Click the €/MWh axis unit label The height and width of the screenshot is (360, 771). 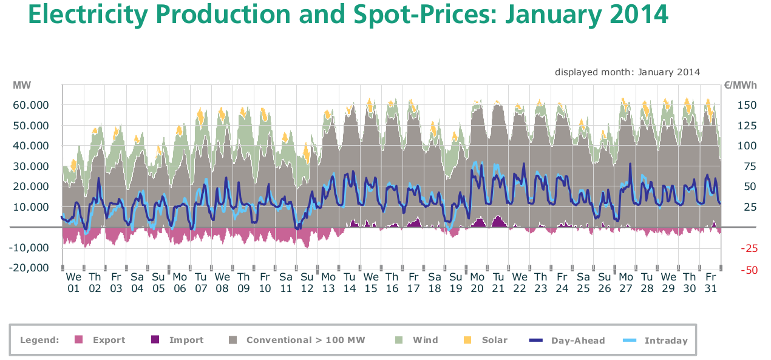pyautogui.click(x=740, y=86)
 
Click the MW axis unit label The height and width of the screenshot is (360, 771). pyautogui.click(x=22, y=86)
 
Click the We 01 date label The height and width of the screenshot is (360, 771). pyautogui.click(x=73, y=283)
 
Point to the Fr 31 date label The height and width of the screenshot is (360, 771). pyautogui.click(x=710, y=283)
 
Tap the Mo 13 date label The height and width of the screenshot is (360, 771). pyautogui.click(x=328, y=283)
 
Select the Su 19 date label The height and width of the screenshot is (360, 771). pyautogui.click(x=456, y=283)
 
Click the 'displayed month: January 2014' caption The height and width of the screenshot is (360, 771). pyautogui.click(x=627, y=72)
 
